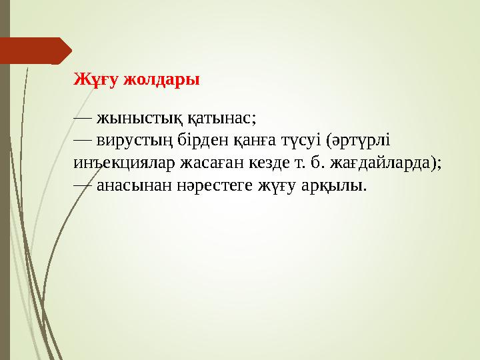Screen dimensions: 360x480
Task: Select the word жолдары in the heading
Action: point(158,80)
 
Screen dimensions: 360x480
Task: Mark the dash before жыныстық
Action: point(83,119)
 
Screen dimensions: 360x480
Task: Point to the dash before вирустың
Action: point(83,141)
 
